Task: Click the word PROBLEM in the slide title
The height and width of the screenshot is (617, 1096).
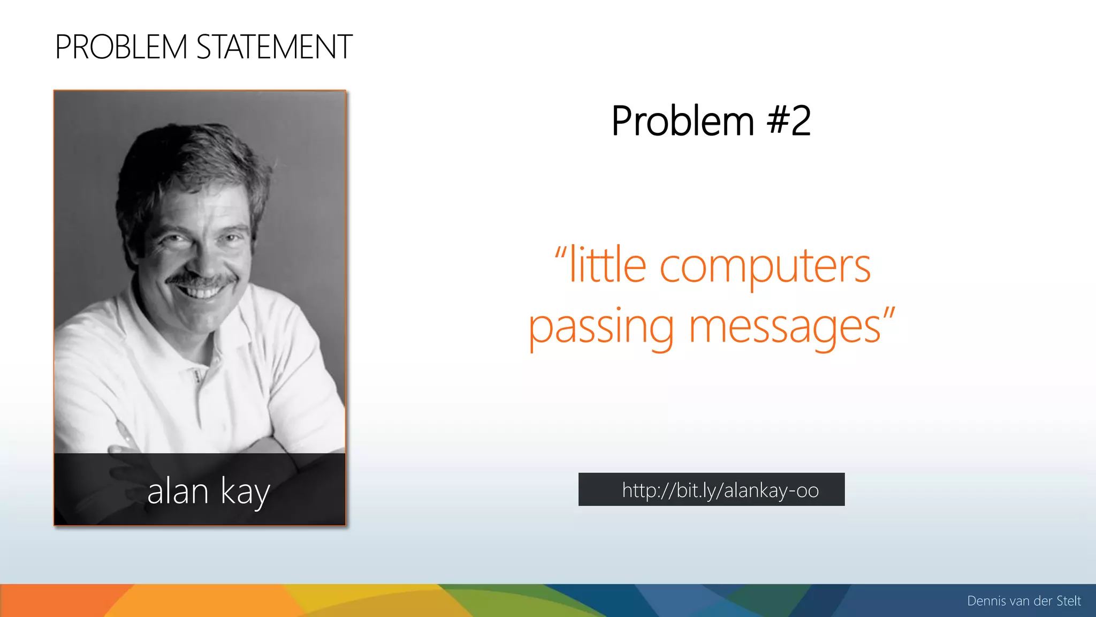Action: coord(121,47)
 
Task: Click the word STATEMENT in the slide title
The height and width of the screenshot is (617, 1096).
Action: coord(275,47)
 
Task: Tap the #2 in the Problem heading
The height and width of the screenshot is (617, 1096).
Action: coord(789,121)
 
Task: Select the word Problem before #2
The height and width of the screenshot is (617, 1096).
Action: coord(683,121)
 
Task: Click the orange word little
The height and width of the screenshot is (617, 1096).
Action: coord(608,266)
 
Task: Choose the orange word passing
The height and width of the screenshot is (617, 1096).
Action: coord(601,328)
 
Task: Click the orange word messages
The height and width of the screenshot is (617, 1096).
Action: coord(785,328)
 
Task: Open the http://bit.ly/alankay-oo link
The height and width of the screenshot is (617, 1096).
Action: coord(720,490)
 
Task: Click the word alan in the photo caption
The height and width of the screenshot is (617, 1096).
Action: coord(178,492)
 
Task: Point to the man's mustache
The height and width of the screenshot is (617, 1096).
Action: coord(202,279)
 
